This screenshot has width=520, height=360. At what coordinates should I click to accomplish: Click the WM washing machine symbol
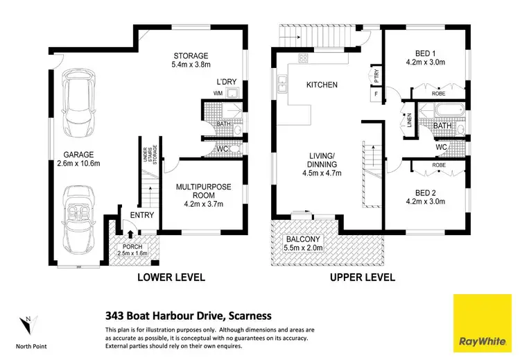tap(218, 93)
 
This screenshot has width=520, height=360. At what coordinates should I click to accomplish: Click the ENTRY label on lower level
tap(141, 215)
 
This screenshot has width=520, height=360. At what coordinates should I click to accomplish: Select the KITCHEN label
tap(322, 85)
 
